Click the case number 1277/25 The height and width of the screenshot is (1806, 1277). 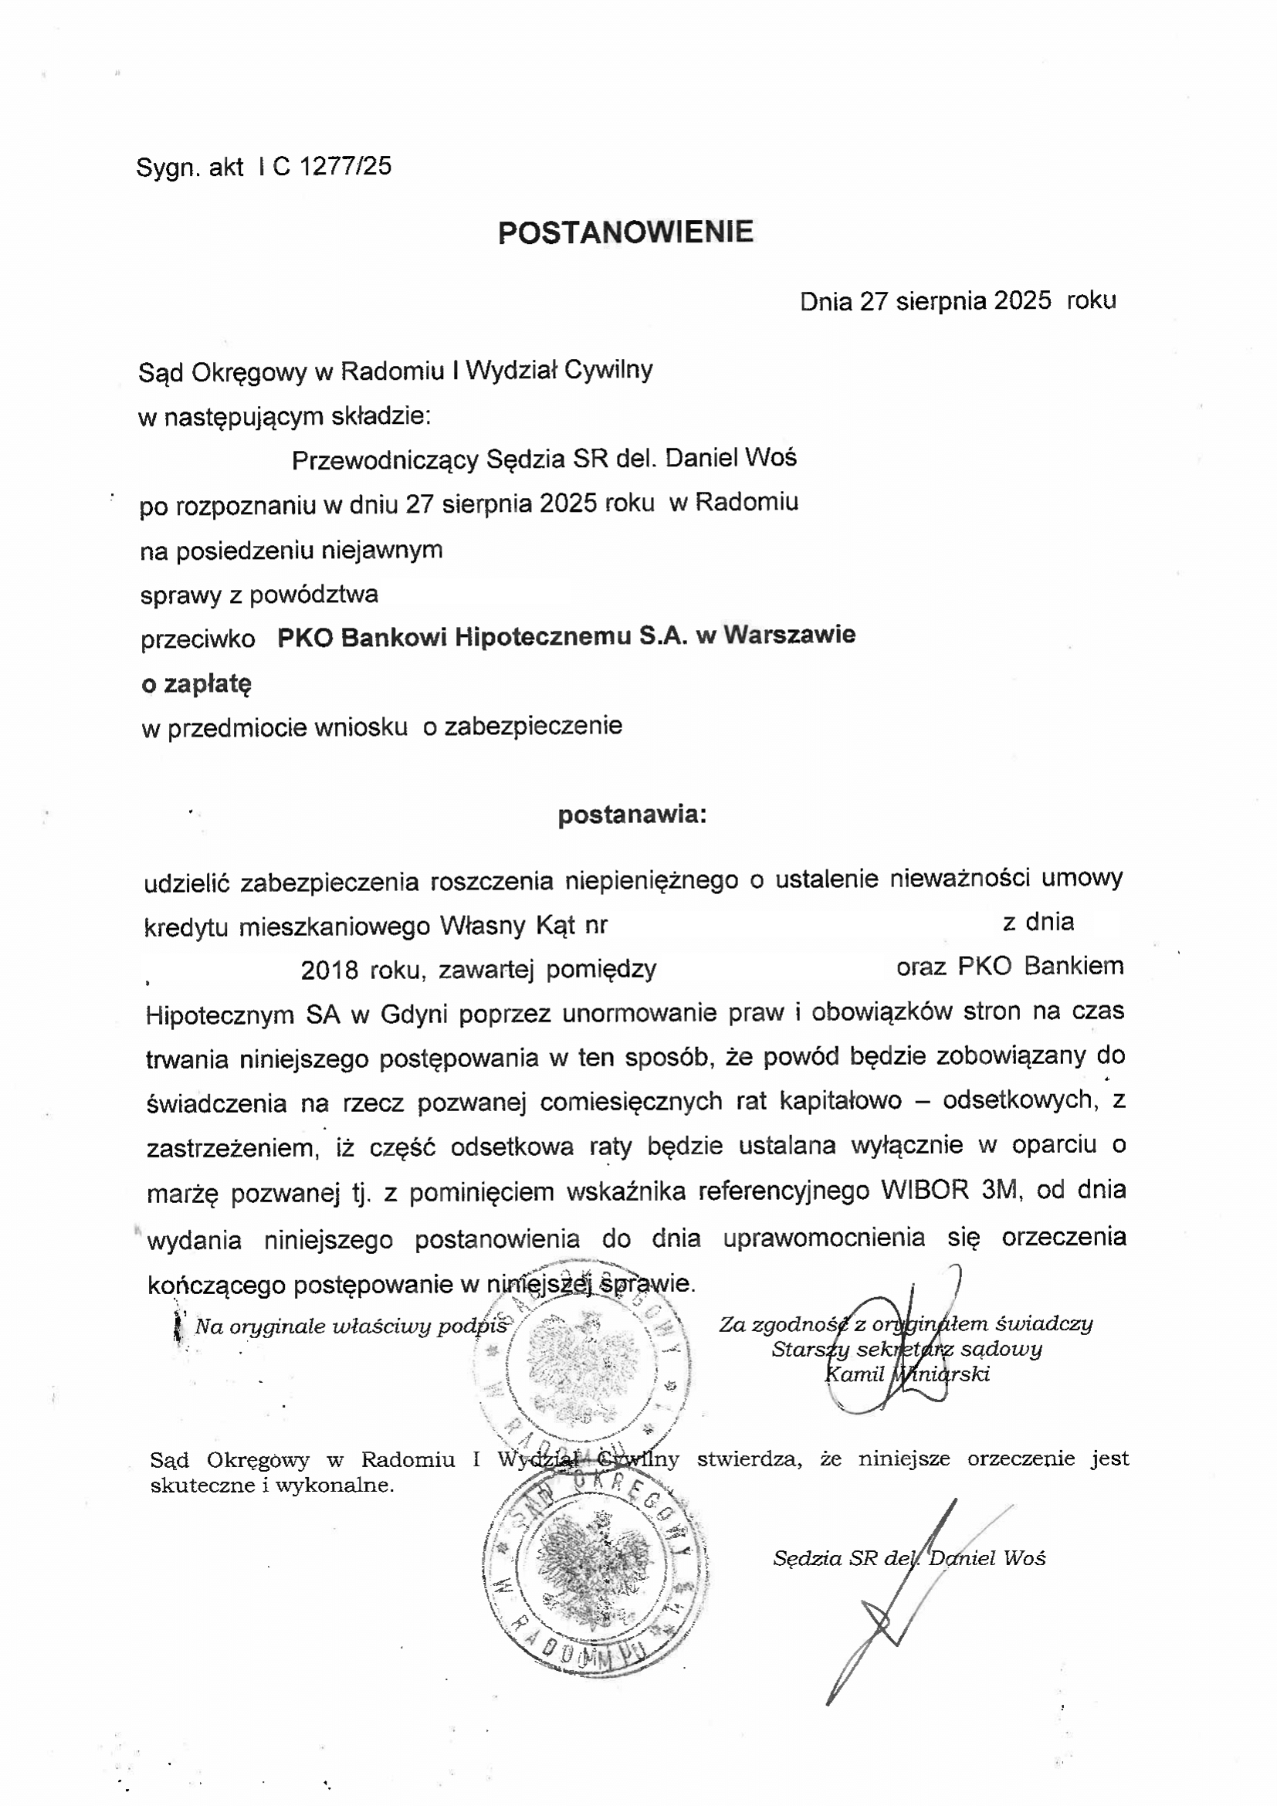coord(345,166)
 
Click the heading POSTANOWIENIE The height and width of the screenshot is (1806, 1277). coord(626,232)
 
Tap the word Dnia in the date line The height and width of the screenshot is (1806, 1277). coord(825,301)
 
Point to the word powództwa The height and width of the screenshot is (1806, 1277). coord(313,595)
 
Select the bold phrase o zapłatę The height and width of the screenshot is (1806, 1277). coord(196,684)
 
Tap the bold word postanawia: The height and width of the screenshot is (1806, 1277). coord(632,815)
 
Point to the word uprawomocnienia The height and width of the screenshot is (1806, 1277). coord(824,1238)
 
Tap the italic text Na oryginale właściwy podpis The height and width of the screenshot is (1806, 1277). coord(351,1327)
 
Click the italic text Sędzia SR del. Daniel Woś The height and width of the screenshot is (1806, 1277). coord(909,1558)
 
